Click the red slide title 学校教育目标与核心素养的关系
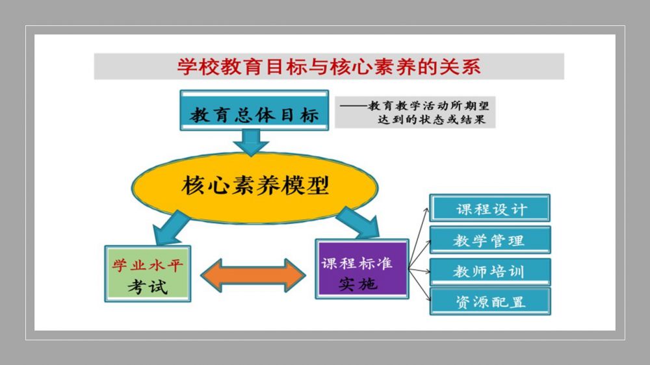329,67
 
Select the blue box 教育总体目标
255,114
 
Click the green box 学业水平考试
148,273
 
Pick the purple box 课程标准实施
362,269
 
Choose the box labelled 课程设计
490,208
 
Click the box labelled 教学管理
490,240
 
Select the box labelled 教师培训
490,271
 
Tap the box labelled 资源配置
490,301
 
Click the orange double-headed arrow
253,275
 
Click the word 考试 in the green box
148,285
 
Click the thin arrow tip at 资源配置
427,300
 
